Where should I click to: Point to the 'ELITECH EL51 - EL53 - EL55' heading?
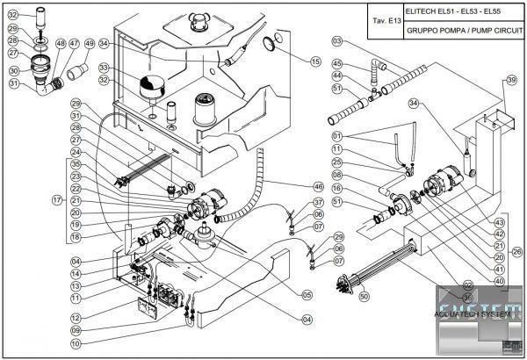tap(448, 11)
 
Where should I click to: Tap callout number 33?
tap(105, 68)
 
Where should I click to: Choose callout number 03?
tap(337, 41)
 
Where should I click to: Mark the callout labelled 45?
tap(337, 63)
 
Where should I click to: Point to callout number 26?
tap(516, 251)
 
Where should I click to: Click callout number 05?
tap(307, 294)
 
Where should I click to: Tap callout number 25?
tap(337, 162)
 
